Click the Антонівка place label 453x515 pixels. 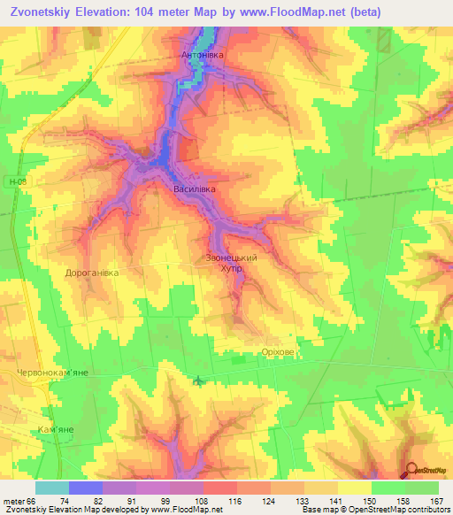pyautogui.click(x=203, y=55)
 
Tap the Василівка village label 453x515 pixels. pyautogui.click(x=194, y=188)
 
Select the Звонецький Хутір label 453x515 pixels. pyautogui.click(x=232, y=262)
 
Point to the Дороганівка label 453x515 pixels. pyautogui.click(x=92, y=273)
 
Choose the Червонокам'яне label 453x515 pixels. pyautogui.click(x=54, y=374)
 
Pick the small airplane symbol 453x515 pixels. pyautogui.click(x=197, y=382)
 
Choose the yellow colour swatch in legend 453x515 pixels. pyautogui.click(x=355, y=488)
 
